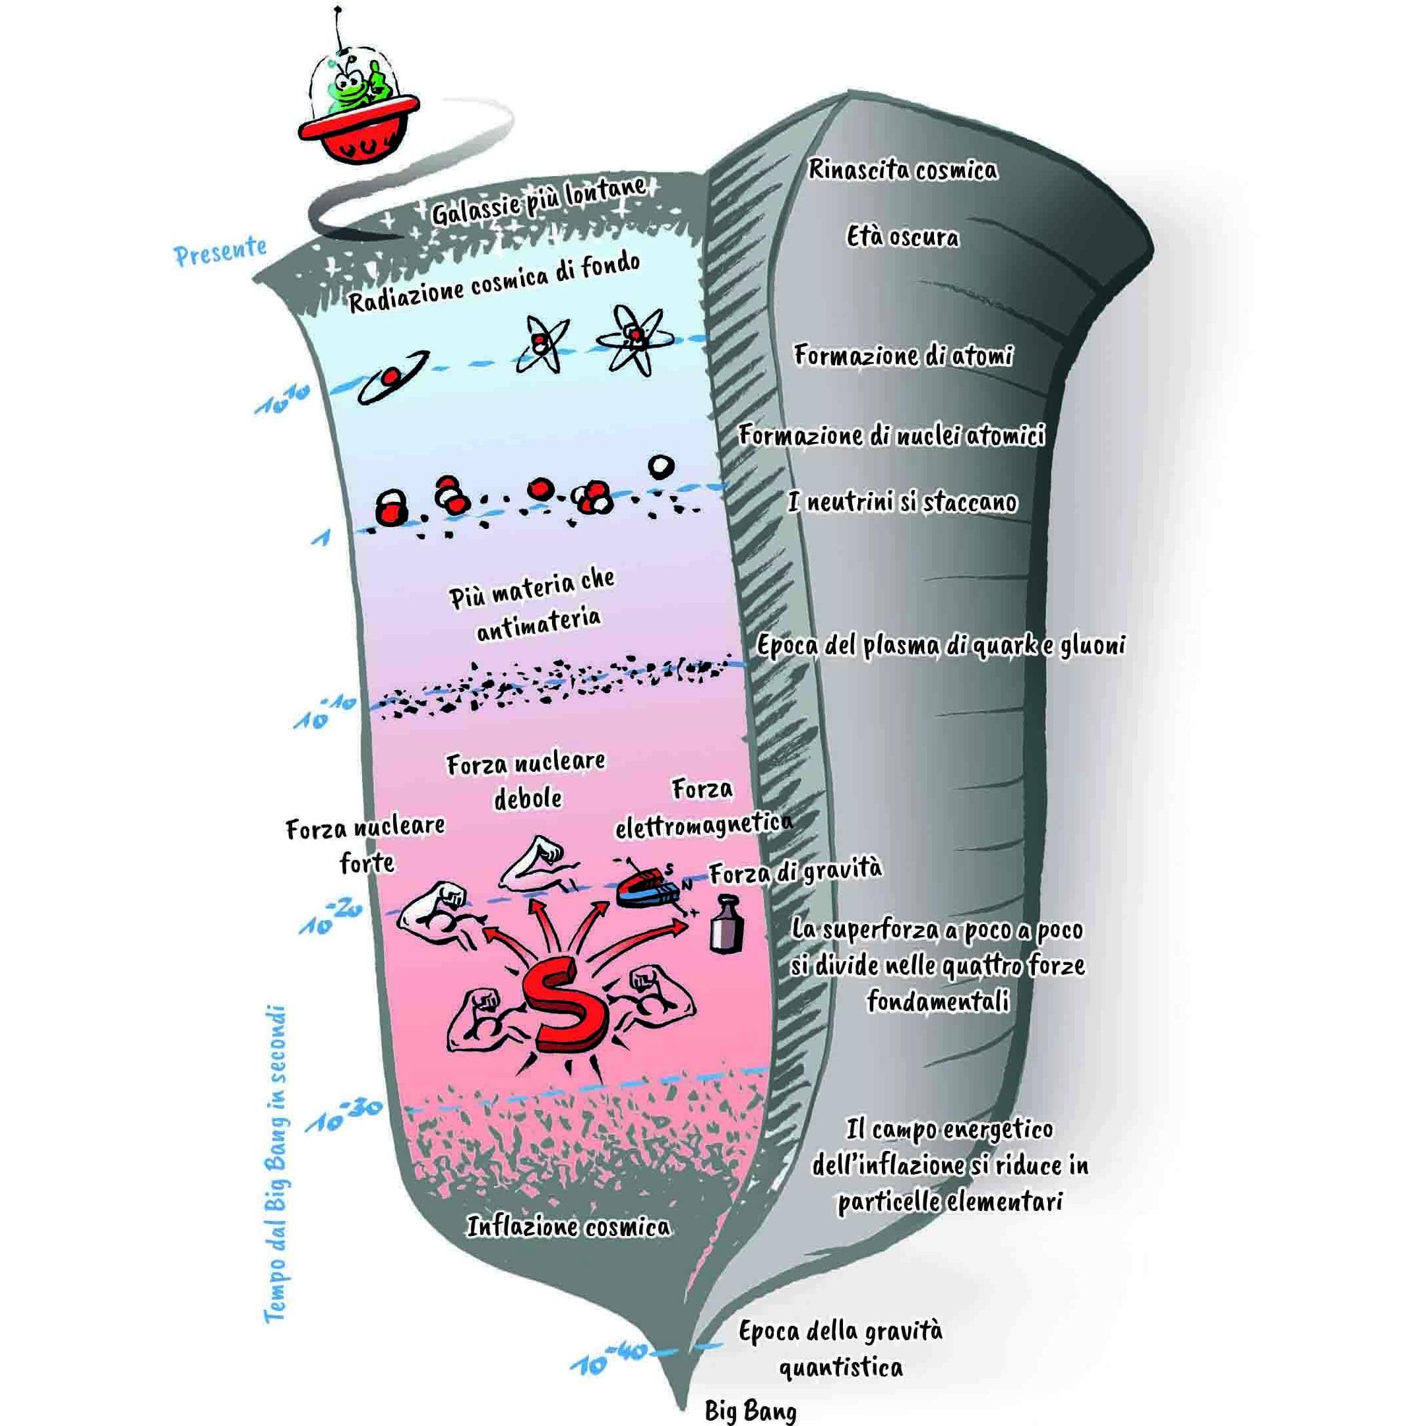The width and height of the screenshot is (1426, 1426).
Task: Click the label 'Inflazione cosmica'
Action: [569, 1227]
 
